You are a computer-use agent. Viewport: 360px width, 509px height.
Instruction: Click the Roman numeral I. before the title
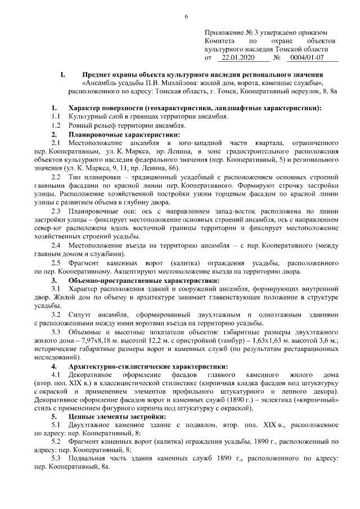pos(63,75)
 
